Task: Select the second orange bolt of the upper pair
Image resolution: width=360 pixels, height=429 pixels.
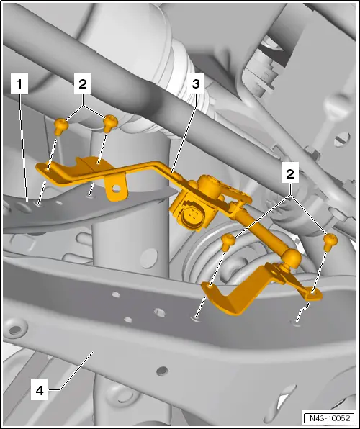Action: [x=110, y=123]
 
